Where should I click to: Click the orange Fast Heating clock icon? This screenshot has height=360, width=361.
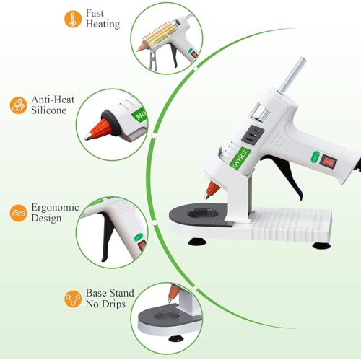coord(72,19)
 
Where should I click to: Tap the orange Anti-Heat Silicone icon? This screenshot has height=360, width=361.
coord(17,105)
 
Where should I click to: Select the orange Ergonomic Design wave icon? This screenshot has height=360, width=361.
coord(17,213)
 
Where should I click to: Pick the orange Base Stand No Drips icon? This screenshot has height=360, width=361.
coord(72,299)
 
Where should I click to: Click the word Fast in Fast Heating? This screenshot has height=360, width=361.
coord(95,13)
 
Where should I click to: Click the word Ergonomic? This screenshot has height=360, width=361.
coord(56,207)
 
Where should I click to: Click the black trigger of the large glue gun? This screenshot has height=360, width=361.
coord(271,176)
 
